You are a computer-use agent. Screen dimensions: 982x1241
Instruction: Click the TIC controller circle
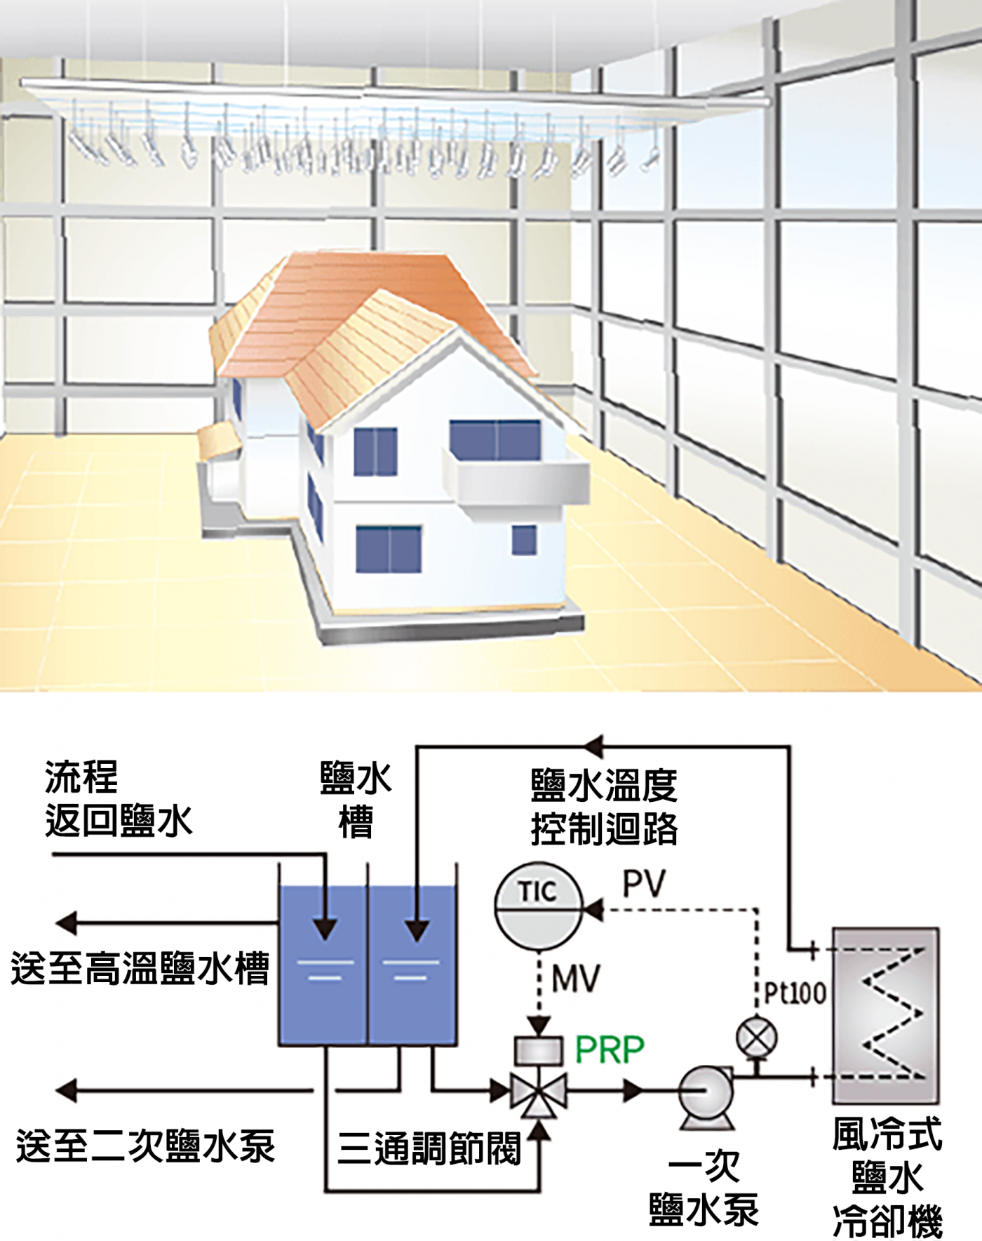click(x=539, y=902)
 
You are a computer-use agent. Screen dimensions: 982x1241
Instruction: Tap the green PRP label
click(x=610, y=1050)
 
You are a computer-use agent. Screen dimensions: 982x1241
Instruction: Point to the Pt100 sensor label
click(x=795, y=993)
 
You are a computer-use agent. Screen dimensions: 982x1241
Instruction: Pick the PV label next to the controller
click(x=644, y=885)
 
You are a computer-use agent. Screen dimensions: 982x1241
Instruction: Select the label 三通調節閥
click(x=429, y=1148)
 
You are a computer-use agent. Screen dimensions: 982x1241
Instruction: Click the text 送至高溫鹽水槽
click(x=140, y=969)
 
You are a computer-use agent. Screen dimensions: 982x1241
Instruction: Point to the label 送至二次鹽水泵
click(x=145, y=1146)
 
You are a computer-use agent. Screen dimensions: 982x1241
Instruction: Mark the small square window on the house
click(x=524, y=539)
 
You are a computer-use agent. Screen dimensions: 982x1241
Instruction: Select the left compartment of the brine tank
click(x=323, y=965)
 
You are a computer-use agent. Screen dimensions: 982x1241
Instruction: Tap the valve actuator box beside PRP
click(x=539, y=1050)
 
